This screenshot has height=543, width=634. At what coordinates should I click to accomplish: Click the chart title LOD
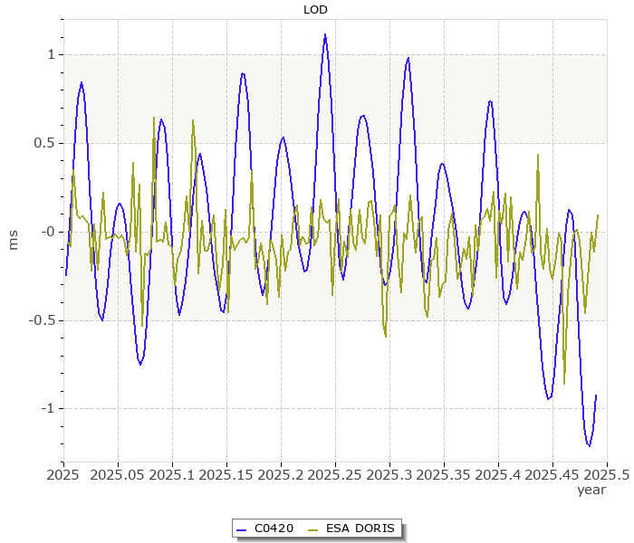click(315, 10)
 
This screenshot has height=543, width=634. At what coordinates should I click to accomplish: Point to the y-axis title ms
click(13, 240)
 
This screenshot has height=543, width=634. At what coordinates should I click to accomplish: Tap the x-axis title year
click(591, 490)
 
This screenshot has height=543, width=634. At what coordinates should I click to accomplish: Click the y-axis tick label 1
click(52, 55)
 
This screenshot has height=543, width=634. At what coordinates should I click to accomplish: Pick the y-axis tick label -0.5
click(43, 320)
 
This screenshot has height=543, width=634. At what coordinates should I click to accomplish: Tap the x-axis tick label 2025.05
click(118, 473)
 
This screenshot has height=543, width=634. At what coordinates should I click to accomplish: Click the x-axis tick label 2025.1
click(172, 473)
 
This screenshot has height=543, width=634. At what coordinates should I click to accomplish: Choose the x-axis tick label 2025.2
click(281, 473)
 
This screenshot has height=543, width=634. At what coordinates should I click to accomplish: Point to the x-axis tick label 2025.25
click(335, 473)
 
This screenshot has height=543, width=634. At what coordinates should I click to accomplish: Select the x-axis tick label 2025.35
click(444, 473)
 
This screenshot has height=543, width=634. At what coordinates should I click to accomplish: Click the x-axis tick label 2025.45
click(552, 473)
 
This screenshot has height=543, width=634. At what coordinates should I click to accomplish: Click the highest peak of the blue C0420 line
click(325, 34)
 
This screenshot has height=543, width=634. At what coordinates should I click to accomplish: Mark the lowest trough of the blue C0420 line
click(589, 446)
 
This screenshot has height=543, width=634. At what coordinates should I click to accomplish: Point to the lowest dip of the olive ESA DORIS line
click(564, 384)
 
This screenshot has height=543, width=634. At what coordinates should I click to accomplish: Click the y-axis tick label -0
click(47, 232)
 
